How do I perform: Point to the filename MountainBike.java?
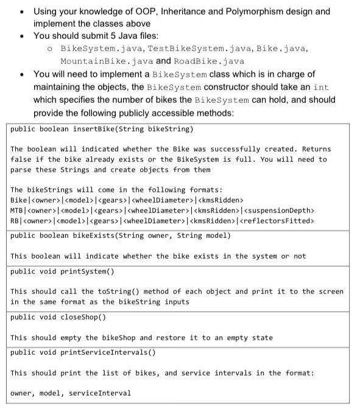point(105,61)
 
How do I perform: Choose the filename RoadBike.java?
point(208,61)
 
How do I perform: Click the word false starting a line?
point(22,159)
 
